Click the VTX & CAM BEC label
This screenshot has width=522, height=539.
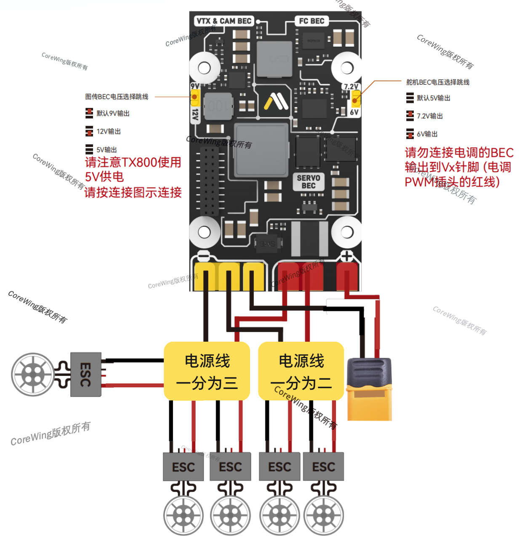click(x=224, y=21)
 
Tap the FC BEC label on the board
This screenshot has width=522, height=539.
click(x=312, y=21)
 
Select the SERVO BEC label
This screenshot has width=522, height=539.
click(x=309, y=182)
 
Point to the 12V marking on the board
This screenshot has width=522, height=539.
click(x=195, y=114)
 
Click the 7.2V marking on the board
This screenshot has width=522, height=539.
click(x=351, y=87)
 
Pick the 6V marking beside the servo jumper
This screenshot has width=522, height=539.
click(x=354, y=112)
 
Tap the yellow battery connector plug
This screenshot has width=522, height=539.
click(x=369, y=390)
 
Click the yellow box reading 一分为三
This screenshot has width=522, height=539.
click(x=207, y=371)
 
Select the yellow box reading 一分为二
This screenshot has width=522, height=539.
click(x=301, y=371)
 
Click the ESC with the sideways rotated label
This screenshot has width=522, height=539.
click(x=85, y=374)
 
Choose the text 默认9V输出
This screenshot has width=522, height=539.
click(x=113, y=113)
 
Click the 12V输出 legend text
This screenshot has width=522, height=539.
click(x=109, y=131)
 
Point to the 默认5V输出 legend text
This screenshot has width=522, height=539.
click(x=434, y=98)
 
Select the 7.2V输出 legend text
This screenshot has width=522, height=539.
click(x=430, y=116)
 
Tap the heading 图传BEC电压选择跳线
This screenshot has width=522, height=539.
click(x=117, y=97)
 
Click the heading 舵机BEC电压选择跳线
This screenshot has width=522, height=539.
click(x=438, y=82)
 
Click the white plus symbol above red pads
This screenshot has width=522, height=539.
click(x=346, y=256)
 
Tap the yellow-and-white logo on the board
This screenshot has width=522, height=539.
click(x=276, y=101)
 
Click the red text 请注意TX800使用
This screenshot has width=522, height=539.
click(x=133, y=162)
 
